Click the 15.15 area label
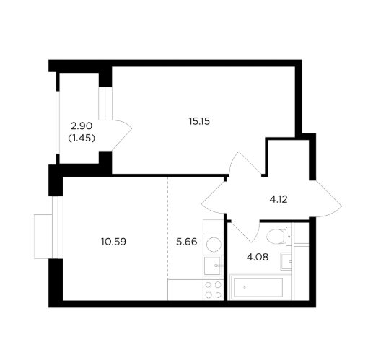(199, 121)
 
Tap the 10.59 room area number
(114, 242)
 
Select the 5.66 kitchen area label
(186, 242)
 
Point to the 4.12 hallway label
(279, 199)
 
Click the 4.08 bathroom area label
(258, 257)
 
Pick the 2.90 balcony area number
(82, 126)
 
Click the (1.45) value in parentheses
(82, 139)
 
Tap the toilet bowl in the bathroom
(279, 236)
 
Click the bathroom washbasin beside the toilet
(286, 261)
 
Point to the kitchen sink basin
(213, 265)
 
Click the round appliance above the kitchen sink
(214, 245)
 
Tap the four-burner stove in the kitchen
(213, 290)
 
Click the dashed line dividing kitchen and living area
(167, 228)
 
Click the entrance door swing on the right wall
(325, 198)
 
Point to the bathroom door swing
(245, 231)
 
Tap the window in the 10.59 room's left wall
(58, 227)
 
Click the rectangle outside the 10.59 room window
(43, 237)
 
